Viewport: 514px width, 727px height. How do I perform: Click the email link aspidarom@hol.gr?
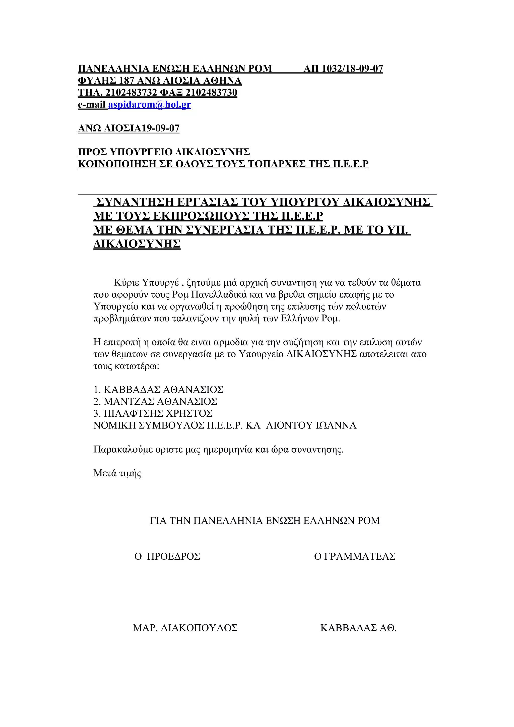coord(150,105)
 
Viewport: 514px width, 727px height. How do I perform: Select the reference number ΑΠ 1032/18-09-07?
coord(343,69)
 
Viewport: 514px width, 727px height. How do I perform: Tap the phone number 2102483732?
coord(131,93)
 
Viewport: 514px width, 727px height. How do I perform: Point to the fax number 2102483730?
coord(211,93)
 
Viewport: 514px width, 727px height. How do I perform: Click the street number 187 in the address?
coord(126,81)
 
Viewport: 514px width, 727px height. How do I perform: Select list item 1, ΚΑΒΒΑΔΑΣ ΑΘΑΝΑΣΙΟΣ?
coord(158,389)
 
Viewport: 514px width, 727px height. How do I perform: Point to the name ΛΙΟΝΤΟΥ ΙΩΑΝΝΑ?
coord(311,425)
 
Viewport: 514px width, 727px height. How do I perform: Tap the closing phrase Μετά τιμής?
coord(117,473)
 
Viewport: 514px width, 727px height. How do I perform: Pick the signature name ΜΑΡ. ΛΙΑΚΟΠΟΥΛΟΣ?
coord(185,628)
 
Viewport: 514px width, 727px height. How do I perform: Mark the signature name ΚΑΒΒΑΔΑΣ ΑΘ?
coord(358,628)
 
